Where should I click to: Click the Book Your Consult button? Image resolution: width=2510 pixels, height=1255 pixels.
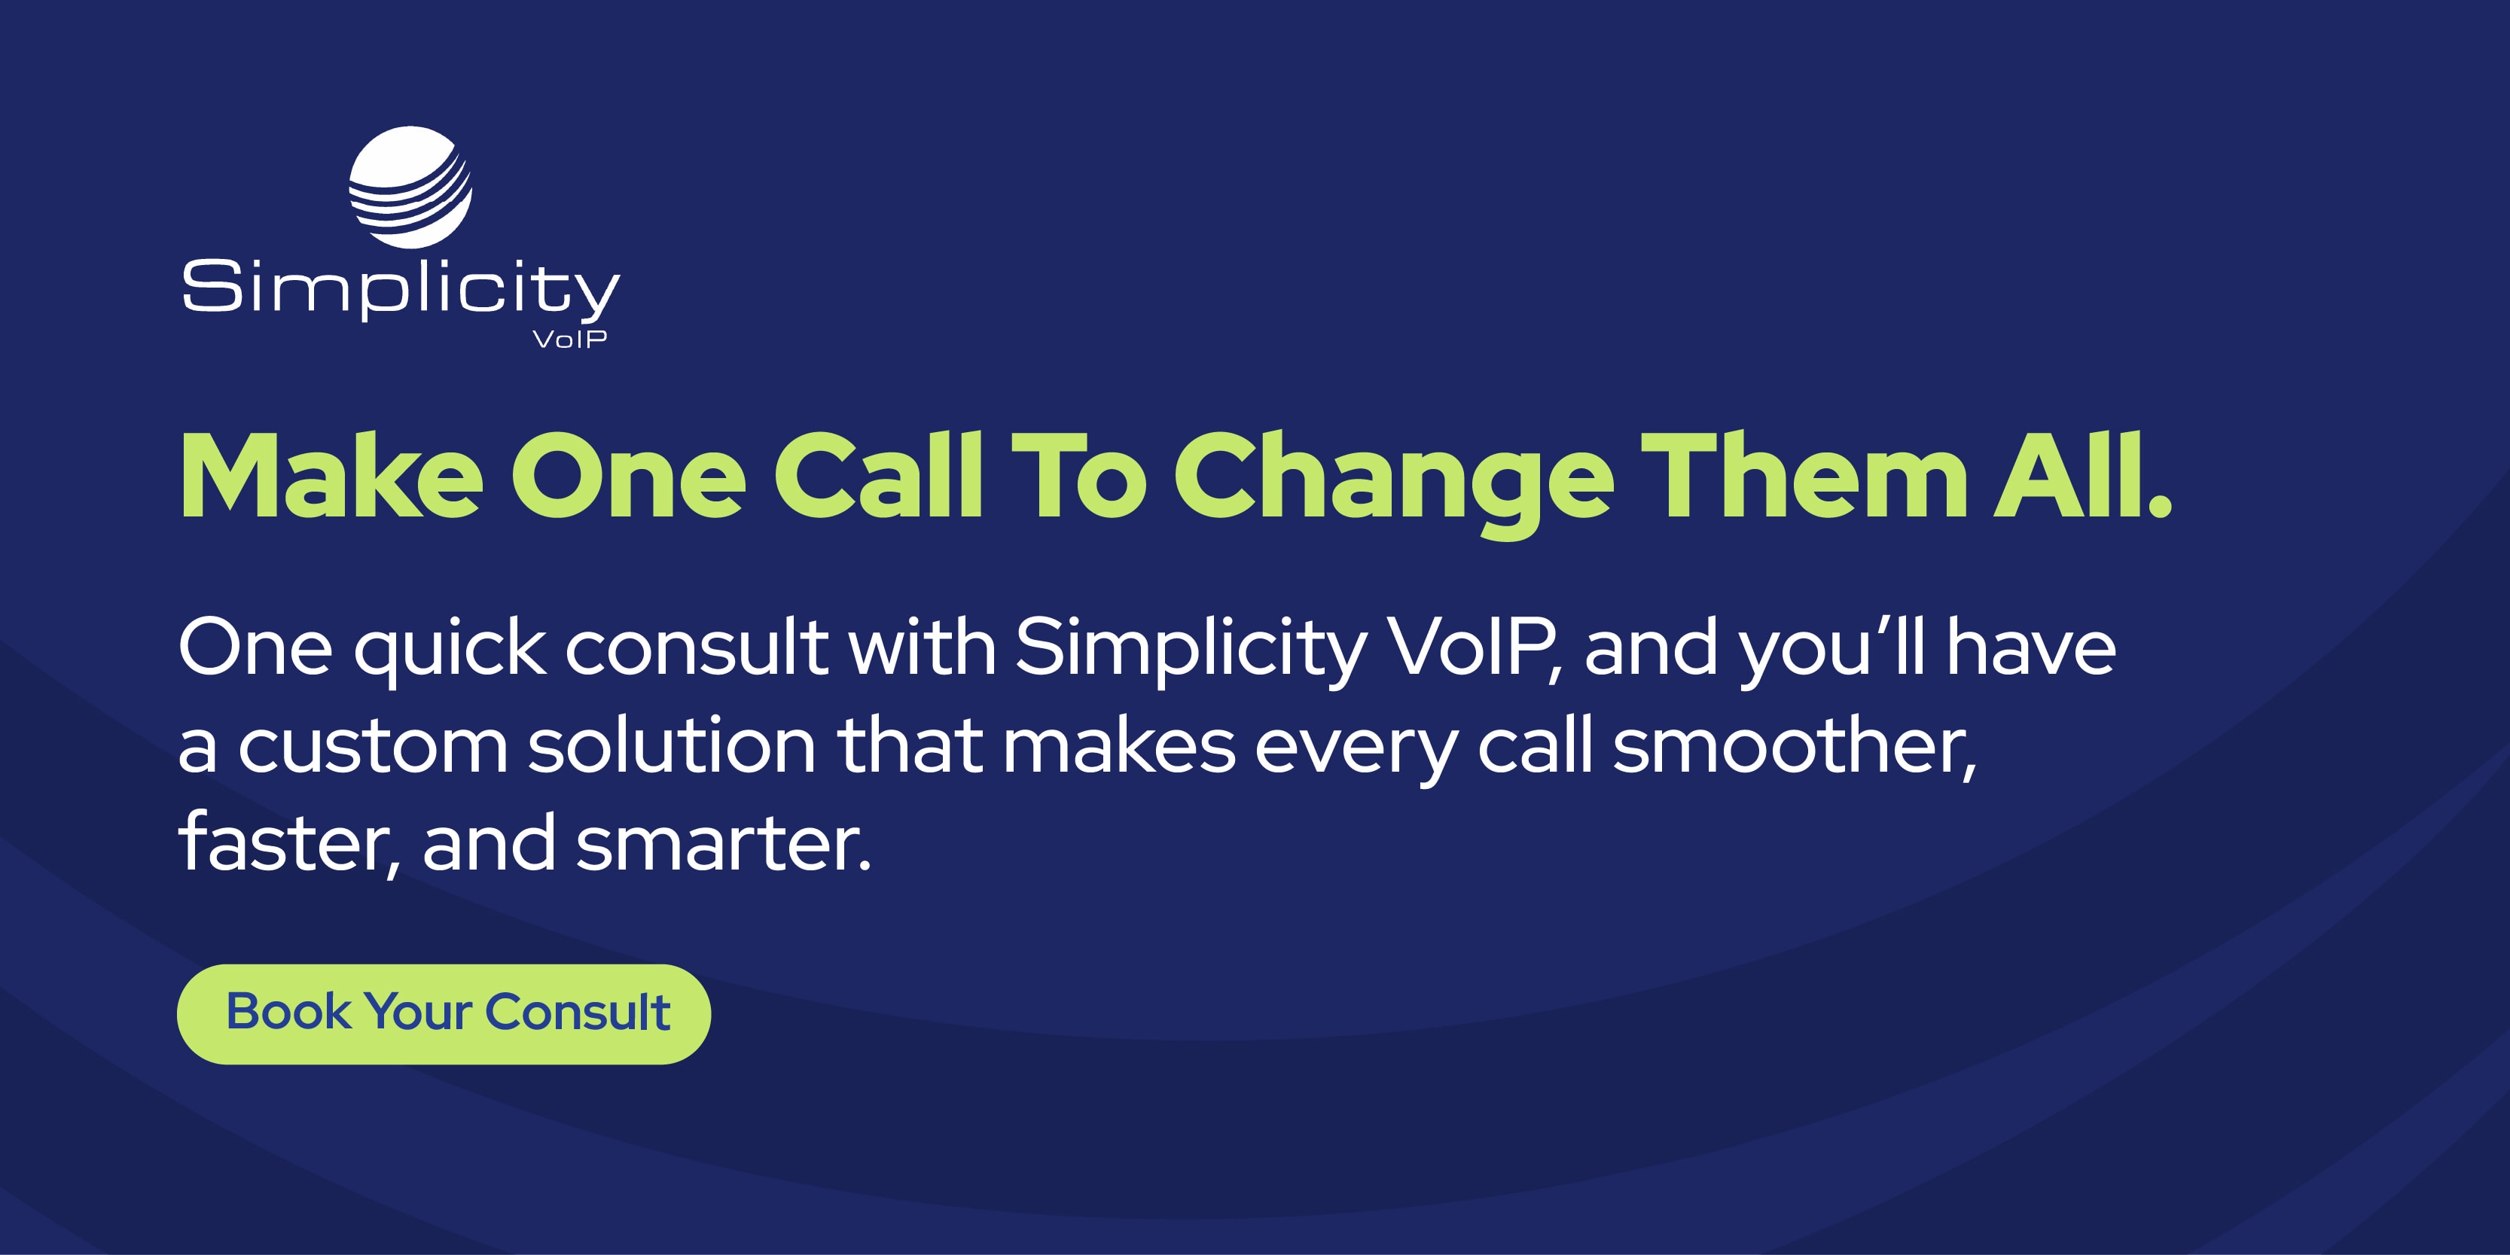point(444,1013)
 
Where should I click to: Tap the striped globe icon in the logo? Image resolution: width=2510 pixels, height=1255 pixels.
point(410,187)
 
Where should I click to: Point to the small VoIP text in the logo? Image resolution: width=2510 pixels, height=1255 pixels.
point(570,339)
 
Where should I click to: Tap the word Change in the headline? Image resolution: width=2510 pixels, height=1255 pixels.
point(1393,477)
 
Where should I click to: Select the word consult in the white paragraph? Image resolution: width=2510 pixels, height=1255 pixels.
point(696,648)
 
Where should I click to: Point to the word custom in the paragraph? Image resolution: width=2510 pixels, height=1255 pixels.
point(372,748)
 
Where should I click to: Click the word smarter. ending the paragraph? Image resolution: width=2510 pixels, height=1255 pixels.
point(723,844)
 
